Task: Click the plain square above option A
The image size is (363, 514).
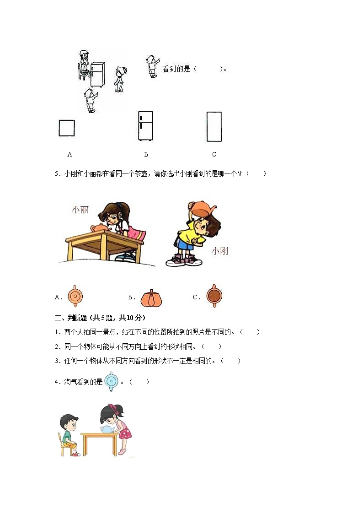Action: point(66,128)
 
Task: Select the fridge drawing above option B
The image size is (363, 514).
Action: point(145,126)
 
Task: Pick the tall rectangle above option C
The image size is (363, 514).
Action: point(214,127)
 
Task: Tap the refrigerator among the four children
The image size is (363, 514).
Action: point(97,75)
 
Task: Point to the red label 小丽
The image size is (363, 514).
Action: point(80,210)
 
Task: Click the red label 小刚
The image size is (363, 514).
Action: point(220,251)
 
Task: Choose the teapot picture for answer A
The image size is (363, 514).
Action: point(75,296)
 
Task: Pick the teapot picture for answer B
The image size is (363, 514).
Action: point(151,298)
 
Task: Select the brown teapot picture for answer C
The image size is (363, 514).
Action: point(214,296)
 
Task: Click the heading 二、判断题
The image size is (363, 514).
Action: point(70,318)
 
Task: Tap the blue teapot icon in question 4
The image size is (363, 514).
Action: point(111,381)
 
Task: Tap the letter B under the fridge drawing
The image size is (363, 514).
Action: point(146,154)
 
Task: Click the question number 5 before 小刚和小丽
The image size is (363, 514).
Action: point(56,173)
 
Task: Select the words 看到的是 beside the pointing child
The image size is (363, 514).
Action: point(176,69)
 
